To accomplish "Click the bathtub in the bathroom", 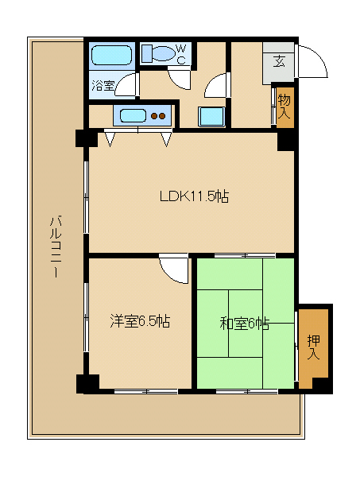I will pos(110,56).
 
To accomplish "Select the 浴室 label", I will pos(102,84).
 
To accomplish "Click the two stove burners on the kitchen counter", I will pos(159,115).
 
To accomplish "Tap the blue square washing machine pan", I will pos(211,116).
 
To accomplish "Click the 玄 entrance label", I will pos(279,62).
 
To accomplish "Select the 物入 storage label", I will pos(284,106).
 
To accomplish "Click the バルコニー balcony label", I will pos(56,246).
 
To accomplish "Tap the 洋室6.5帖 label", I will pos(140,321).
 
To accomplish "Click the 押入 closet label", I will pos(313,347).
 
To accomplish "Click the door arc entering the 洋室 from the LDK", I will pos(174,268).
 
